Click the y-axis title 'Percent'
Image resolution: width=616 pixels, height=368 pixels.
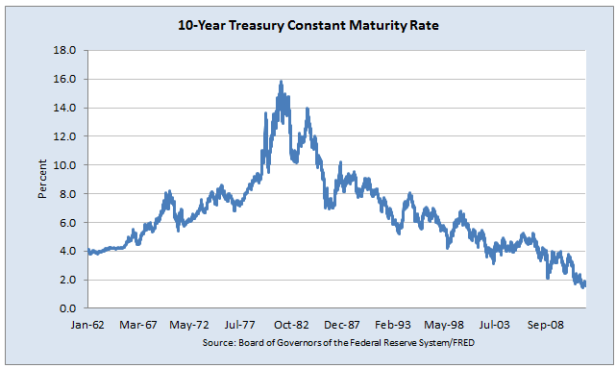[43, 179]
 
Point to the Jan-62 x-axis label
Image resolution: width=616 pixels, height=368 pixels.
[87, 326]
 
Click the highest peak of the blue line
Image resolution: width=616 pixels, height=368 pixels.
[281, 82]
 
